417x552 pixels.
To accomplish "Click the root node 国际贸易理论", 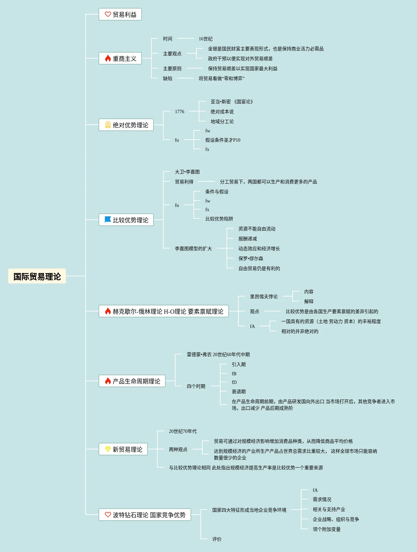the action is pyautogui.click(x=37, y=276).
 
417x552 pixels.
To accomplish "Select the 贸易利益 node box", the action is pyautogui.click(x=120, y=15).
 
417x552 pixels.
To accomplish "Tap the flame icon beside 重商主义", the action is pyautogui.click(x=108, y=59).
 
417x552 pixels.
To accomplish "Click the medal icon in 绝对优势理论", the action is pyautogui.click(x=108, y=125).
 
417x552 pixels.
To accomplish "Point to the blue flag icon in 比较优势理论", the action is pyautogui.click(x=108, y=220).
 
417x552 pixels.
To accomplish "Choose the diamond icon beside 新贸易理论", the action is pyautogui.click(x=108, y=449).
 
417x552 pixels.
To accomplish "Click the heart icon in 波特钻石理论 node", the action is pyautogui.click(x=108, y=515).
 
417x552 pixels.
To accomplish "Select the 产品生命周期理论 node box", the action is pyautogui.click(x=132, y=381).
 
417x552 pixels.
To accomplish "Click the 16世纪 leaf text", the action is pyautogui.click(x=205, y=39).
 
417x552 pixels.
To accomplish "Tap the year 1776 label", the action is pyautogui.click(x=180, y=112).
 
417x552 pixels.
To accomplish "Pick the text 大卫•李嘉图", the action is pyautogui.click(x=187, y=172).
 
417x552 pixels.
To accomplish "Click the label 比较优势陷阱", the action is pyautogui.click(x=219, y=219).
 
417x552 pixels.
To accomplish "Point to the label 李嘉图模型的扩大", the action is pyautogui.click(x=193, y=249).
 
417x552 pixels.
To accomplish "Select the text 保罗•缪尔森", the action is pyautogui.click(x=251, y=259).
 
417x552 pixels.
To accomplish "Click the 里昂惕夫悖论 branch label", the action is pyautogui.click(x=264, y=297).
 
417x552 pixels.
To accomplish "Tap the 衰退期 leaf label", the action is pyautogui.click(x=238, y=392).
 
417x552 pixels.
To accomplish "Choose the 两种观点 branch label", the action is pyautogui.click(x=178, y=450).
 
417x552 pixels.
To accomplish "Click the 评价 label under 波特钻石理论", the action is pyautogui.click(x=217, y=539).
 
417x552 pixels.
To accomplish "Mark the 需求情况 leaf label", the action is pyautogui.click(x=322, y=500).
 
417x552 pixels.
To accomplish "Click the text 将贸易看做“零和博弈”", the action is pyautogui.click(x=221, y=79).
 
